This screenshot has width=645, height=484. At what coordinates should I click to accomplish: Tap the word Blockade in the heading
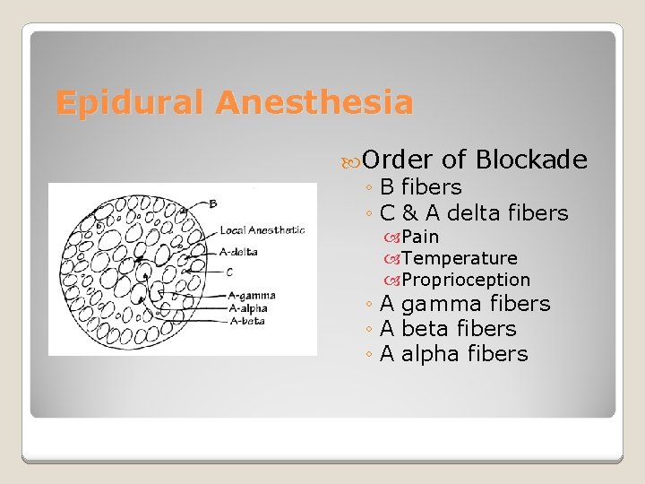tap(531, 160)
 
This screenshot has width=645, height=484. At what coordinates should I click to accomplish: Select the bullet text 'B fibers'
tap(420, 187)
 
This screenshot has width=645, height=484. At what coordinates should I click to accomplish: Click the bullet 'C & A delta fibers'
tap(474, 213)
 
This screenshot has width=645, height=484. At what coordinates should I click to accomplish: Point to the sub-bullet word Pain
tap(420, 237)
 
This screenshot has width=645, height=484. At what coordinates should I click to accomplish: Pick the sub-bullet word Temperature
tap(459, 258)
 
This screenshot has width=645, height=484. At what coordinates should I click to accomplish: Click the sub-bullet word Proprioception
tap(466, 280)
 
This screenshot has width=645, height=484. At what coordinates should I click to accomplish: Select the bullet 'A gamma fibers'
tap(464, 304)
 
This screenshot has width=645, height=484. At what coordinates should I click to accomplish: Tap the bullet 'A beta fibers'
tap(448, 329)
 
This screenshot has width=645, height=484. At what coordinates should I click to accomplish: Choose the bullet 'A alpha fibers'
tap(453, 354)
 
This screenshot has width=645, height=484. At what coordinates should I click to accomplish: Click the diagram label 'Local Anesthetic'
tap(262, 230)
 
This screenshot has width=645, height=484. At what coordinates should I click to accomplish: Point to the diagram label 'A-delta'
tap(238, 252)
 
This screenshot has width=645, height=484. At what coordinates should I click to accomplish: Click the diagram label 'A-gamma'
tap(253, 296)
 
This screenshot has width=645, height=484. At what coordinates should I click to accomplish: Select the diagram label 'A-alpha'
tap(250, 307)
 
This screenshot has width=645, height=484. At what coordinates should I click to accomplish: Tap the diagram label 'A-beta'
tap(247, 320)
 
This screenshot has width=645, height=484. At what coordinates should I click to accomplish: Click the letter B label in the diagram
tap(212, 203)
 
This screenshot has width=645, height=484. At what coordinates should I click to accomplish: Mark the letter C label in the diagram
tap(229, 272)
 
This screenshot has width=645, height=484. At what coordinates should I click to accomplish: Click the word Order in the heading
tap(398, 160)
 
